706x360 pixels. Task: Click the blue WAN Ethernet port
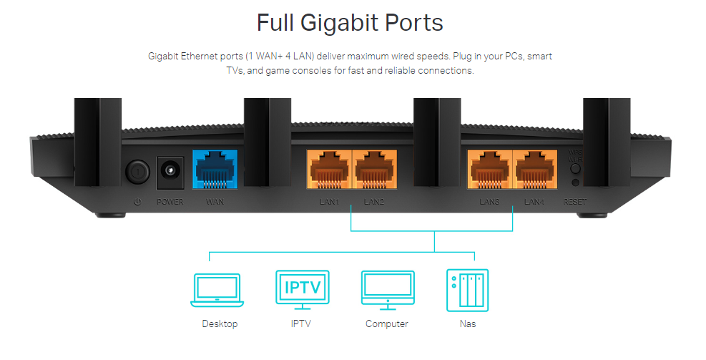point(215,170)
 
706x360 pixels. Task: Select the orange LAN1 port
point(330,170)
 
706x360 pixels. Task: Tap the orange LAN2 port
point(374,170)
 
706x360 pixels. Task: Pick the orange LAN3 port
point(490,170)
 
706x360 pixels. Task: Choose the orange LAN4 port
point(534,170)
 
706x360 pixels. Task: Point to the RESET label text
point(574,203)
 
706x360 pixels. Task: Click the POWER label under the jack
point(170,202)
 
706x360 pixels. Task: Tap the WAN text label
point(215,202)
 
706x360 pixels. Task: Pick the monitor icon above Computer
point(387,290)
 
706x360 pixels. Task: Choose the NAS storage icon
point(468,290)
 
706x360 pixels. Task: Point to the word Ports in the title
point(413,23)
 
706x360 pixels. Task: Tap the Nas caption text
point(468,324)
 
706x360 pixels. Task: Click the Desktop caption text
point(220,324)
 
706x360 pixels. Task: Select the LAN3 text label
point(490,203)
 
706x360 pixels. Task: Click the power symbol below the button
point(137,202)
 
